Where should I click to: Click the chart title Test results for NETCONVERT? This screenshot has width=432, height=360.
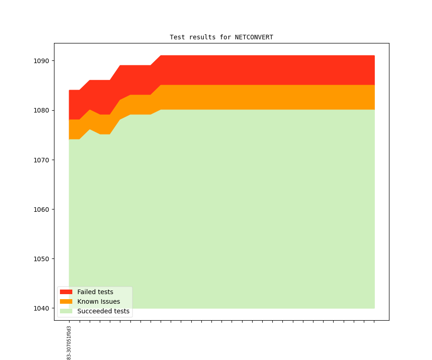point(221,37)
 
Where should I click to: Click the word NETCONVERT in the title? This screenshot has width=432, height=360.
point(254,37)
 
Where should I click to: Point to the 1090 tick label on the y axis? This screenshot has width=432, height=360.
point(42,61)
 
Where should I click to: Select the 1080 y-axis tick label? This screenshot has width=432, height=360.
point(42,110)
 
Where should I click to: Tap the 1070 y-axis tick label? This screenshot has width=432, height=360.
point(42,160)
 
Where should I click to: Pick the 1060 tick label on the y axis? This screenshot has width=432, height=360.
point(42,210)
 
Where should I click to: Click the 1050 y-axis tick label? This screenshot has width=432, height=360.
point(42,259)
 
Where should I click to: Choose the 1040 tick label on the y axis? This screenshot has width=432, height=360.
point(42,308)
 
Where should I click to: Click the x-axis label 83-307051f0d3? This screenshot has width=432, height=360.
point(69,343)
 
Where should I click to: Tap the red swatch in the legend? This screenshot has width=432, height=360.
point(66,292)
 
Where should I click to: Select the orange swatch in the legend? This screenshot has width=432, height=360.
point(66,301)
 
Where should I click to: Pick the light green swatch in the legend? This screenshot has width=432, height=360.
point(66,311)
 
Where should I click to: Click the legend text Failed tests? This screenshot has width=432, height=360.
point(95,292)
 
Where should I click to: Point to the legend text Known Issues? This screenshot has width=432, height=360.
point(98,301)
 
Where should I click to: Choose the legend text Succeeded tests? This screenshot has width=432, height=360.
point(103,311)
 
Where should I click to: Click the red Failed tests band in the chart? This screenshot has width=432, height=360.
point(265,70)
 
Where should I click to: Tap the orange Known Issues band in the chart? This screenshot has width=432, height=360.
point(265,97)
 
